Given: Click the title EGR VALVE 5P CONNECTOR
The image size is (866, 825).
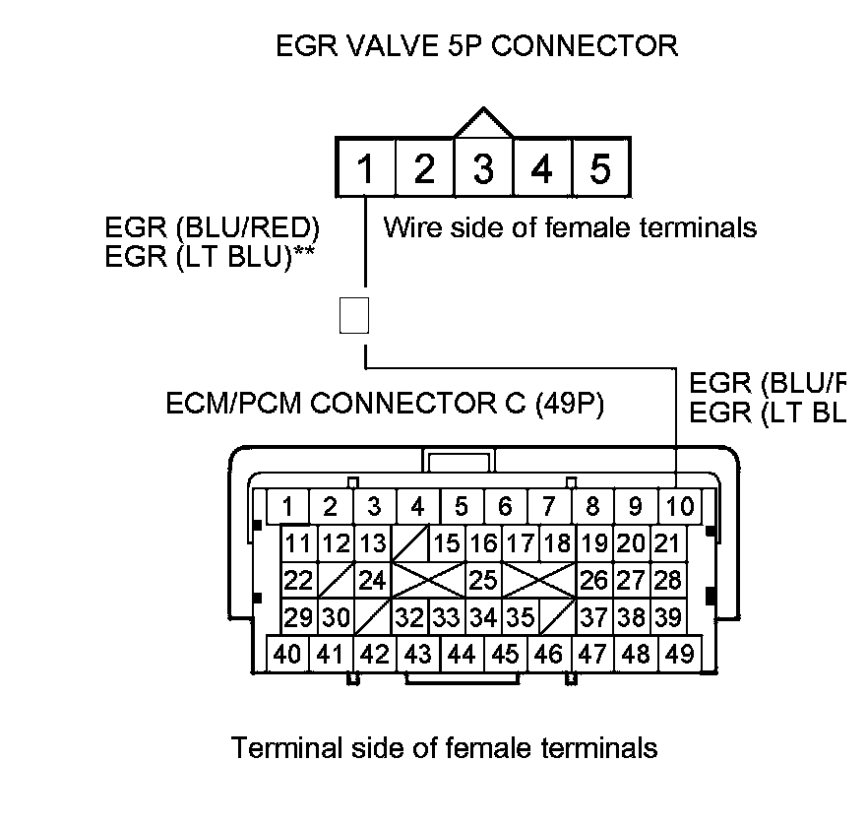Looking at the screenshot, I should (476, 45).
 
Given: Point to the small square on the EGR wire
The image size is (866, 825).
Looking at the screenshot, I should (353, 315).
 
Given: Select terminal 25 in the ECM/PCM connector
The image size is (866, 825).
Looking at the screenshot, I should (482, 579).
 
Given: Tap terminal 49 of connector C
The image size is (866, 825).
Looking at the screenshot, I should (679, 654).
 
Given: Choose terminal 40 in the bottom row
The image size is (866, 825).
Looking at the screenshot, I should (287, 654).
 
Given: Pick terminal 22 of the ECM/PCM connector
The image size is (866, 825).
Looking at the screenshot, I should (296, 579).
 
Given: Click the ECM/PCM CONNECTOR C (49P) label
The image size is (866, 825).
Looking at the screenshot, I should (386, 405).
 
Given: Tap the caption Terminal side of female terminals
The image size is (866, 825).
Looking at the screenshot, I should (444, 748).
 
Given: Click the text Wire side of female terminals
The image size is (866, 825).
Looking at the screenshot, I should (570, 228).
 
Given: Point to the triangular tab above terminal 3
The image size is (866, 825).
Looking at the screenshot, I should (483, 122).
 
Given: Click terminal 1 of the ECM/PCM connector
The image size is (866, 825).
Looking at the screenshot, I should (287, 507).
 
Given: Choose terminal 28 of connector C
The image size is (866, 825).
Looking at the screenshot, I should (668, 579).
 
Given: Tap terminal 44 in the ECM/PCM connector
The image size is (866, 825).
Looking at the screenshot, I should (461, 654).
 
